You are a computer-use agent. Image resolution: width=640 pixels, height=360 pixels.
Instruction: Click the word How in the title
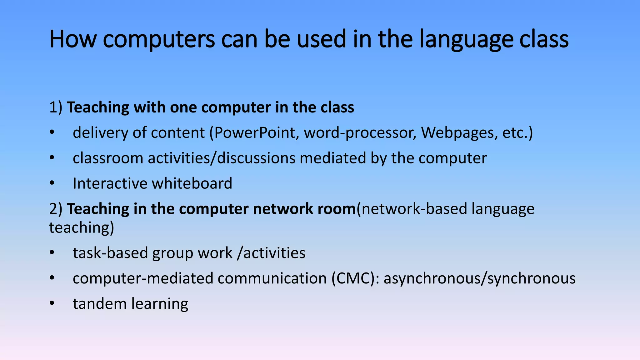(x=73, y=39)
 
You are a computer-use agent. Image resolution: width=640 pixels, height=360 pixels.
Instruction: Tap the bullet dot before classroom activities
(x=52, y=158)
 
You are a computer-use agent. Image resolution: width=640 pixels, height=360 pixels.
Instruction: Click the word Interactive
(x=110, y=183)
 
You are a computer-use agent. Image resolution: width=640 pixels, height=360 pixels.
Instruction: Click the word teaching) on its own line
(x=82, y=227)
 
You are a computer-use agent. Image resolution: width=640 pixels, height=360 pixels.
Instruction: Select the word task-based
(x=110, y=253)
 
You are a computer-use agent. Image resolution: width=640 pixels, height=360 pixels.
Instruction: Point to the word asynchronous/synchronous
(x=479, y=278)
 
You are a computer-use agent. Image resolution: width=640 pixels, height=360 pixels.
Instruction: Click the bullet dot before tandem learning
(x=52, y=303)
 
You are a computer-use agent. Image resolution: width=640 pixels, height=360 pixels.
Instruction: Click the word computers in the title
(x=159, y=39)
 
